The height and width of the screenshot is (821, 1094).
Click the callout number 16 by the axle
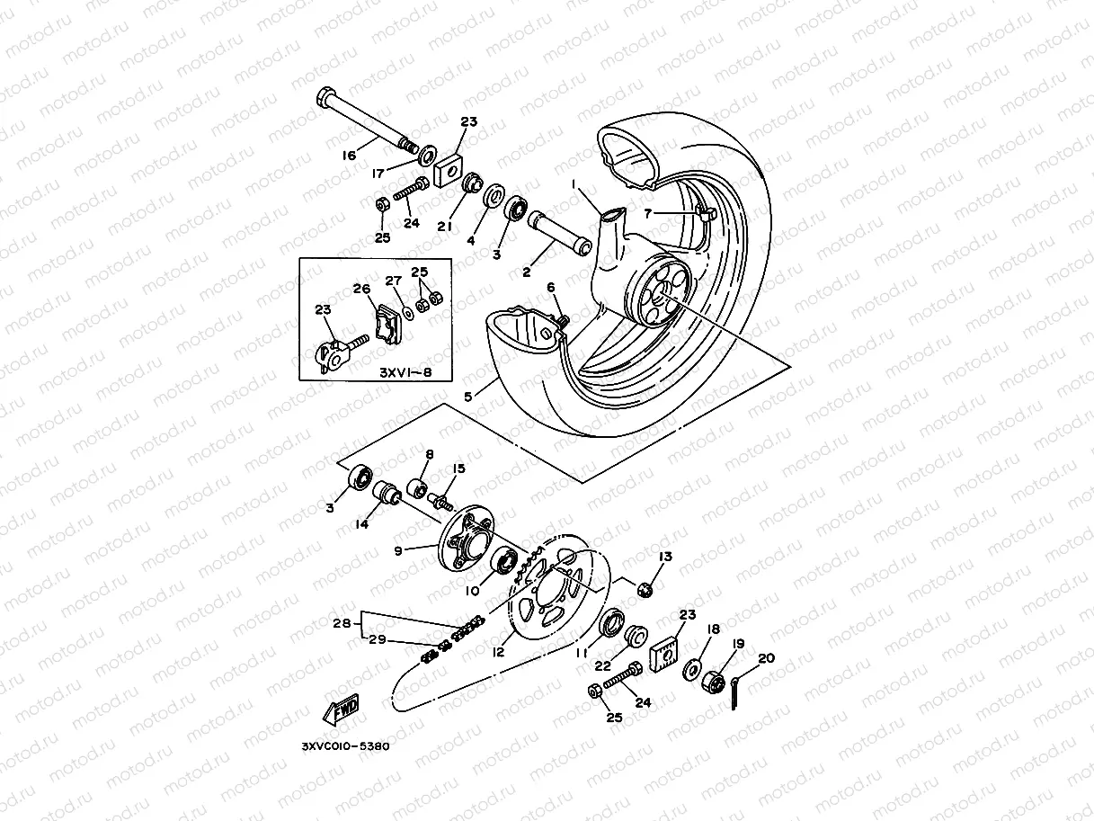tap(349, 156)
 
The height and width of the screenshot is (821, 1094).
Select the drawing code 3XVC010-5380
tap(346, 745)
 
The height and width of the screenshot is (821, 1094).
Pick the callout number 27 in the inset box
tap(393, 281)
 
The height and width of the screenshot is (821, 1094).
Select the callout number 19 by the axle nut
tap(739, 644)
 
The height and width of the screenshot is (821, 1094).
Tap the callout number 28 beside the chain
tap(341, 622)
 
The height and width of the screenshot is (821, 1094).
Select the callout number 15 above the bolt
tap(458, 469)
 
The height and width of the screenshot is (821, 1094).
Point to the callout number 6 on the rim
tap(551, 287)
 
